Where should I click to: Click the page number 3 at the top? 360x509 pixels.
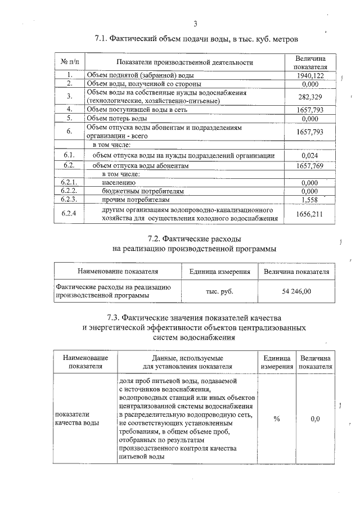tap(195, 24)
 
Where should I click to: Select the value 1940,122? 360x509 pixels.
tap(310, 75)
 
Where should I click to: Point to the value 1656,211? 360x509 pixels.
tap(310, 214)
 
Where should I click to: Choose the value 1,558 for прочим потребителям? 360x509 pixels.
tap(310, 199)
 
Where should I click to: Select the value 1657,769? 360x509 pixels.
tap(310, 166)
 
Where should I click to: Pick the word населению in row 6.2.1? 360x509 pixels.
tap(119, 183)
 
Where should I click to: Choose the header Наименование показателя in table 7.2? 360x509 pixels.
tap(118, 272)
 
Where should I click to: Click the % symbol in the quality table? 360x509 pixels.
tap(276, 419)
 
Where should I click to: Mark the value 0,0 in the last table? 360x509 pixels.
tap(315, 419)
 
